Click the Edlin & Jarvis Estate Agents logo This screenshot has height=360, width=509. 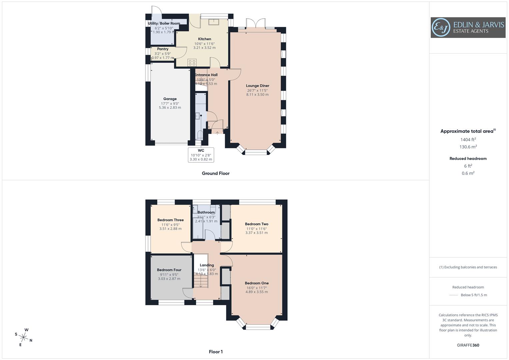[x=468, y=27]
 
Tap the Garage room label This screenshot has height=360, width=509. [x=170, y=99]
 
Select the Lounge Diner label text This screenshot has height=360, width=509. [x=257, y=86]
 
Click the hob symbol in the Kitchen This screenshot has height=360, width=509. [x=192, y=62]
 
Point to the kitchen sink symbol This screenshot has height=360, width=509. [x=213, y=22]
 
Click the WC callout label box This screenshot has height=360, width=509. [x=201, y=155]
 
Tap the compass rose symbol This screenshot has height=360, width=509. [x=24, y=337]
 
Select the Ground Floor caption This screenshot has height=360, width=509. [x=215, y=173]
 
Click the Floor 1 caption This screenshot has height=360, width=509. [x=216, y=352]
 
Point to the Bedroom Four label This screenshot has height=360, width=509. [x=169, y=270]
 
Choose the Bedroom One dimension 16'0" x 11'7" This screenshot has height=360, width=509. [x=256, y=288]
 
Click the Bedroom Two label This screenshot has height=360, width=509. [x=256, y=224]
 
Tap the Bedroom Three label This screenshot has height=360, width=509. [x=170, y=220]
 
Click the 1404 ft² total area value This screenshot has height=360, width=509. [x=468, y=140]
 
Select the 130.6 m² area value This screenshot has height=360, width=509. [x=468, y=147]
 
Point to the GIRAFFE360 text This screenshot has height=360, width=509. [x=468, y=345]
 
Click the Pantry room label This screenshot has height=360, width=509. [x=163, y=49]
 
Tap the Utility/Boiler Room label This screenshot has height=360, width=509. [x=164, y=23]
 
